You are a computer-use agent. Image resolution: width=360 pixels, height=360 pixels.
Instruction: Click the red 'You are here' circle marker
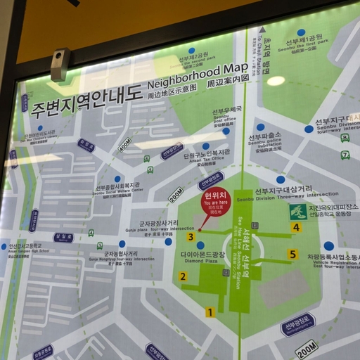(x=216, y=201)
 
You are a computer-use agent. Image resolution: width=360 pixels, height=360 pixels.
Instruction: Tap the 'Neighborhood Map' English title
(x=198, y=75)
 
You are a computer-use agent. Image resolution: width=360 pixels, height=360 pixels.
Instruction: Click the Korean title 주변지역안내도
(x=86, y=100)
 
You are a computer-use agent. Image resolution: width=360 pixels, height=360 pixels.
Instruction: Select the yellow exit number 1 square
(x=210, y=312)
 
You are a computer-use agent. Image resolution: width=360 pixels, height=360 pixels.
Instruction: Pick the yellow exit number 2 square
(x=183, y=276)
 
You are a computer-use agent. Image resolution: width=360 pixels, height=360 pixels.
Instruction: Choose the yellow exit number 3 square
(x=191, y=238)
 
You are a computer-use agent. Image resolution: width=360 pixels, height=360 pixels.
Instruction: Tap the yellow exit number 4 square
(x=296, y=227)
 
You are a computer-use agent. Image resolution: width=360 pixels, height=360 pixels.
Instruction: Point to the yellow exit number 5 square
(x=292, y=254)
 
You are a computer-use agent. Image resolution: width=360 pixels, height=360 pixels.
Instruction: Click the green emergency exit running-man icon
(x=297, y=212)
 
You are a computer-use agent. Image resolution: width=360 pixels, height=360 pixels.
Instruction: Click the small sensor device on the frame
(x=60, y=64)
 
